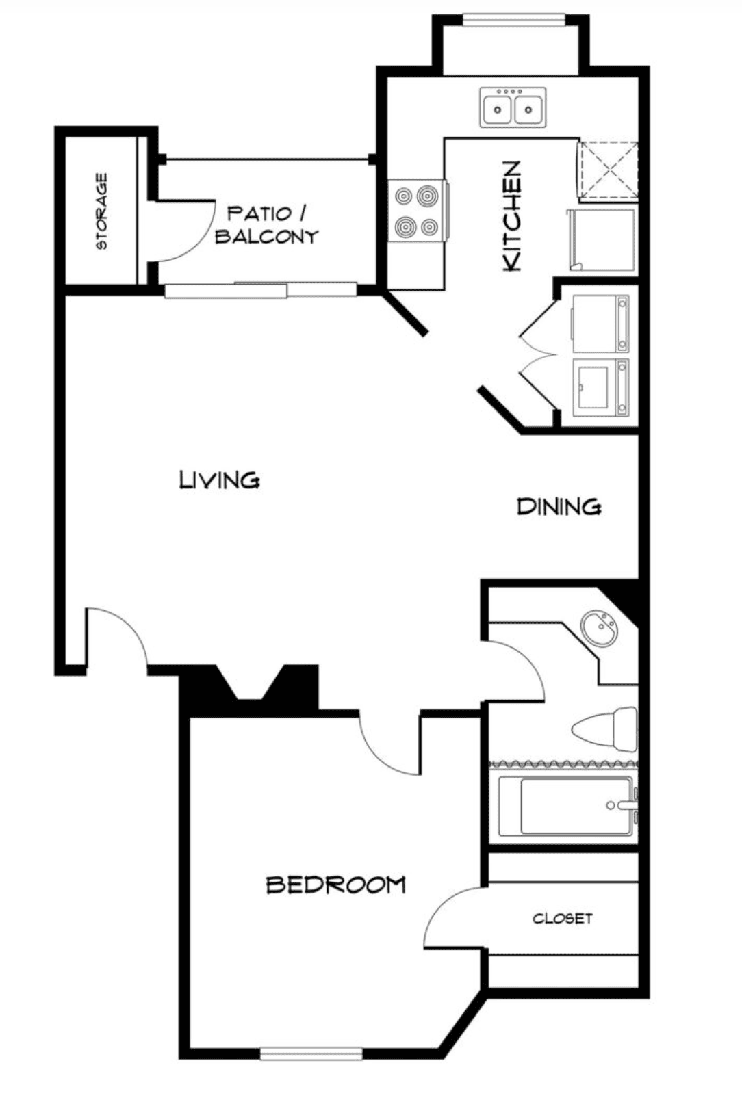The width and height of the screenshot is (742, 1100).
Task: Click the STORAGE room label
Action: coord(102,211)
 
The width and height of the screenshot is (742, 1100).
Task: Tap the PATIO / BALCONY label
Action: coord(267,225)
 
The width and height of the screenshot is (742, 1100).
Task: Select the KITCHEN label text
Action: coord(511,215)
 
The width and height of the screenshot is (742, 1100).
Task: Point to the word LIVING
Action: coord(219,480)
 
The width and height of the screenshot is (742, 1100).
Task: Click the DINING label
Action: coord(559,506)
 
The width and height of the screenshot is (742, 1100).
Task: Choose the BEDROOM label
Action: coord(336,885)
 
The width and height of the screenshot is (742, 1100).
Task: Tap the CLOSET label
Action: coord(563,918)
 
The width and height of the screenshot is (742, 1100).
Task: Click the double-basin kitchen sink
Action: coord(513,107)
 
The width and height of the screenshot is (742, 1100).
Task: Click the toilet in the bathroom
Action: coord(605,729)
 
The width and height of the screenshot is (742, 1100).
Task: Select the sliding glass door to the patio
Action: coord(260,289)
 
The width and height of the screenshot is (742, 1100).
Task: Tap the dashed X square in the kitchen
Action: coord(609,172)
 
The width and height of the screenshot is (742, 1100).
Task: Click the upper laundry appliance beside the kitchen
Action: coord(600,324)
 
